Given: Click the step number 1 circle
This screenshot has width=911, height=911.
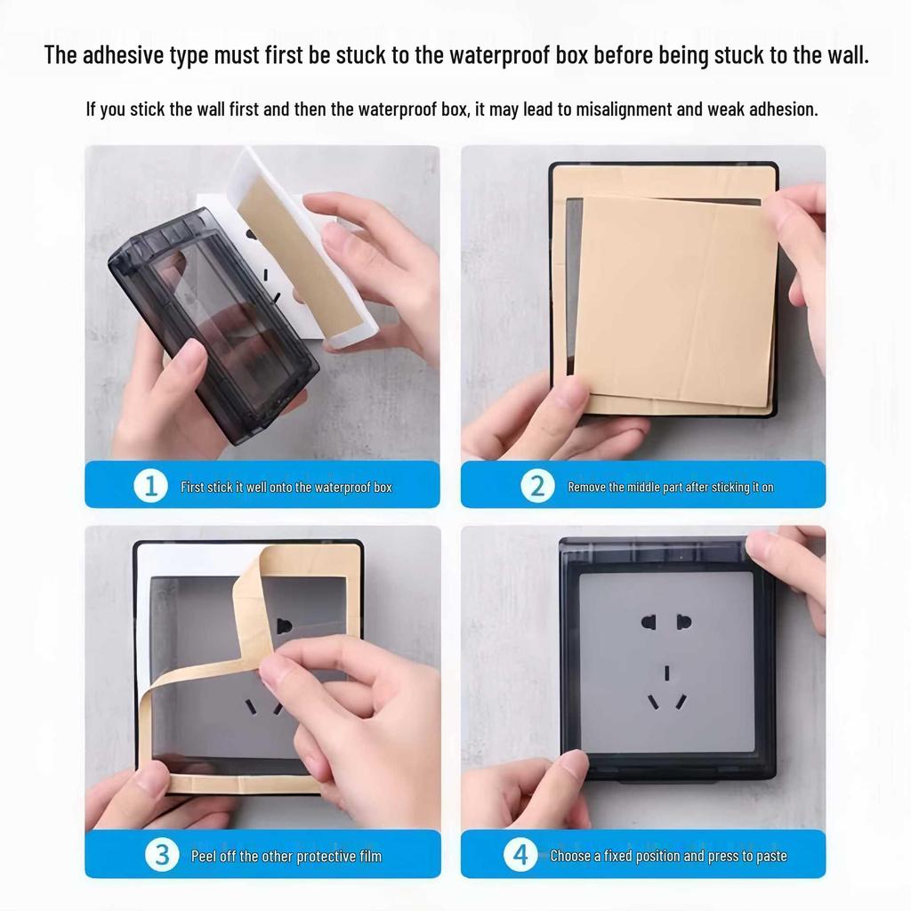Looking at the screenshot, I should point(150,486).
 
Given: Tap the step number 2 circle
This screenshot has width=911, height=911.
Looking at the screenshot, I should point(536,486).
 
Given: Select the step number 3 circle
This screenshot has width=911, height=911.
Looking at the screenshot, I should point(162,855).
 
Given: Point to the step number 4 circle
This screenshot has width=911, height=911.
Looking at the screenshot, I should point(520,855).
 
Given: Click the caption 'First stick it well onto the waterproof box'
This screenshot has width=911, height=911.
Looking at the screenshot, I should point(286,487).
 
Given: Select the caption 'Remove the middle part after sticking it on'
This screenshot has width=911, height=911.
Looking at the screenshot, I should point(670,487).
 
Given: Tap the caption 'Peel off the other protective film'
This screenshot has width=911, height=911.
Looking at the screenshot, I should point(286,856).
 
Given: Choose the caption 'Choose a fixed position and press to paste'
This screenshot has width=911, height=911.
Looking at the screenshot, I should point(668,856).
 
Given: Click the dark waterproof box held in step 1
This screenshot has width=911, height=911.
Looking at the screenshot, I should point(214,311).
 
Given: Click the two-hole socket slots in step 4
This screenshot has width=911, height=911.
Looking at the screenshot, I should point(665,622).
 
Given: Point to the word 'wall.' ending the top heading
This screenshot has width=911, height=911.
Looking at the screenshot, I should point(844,55).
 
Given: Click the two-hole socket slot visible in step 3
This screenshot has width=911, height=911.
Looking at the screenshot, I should point(284,625).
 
